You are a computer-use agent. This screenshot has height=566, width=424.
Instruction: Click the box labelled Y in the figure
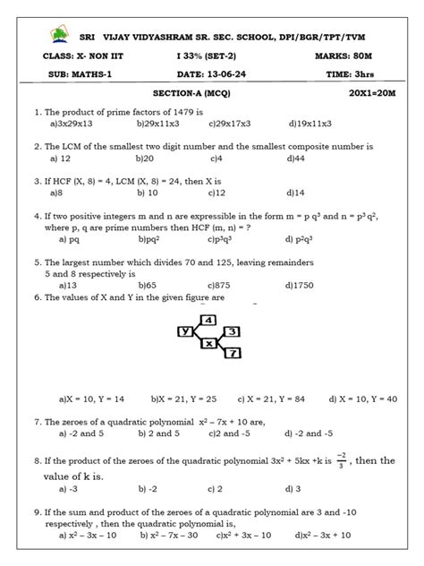tap(187, 331)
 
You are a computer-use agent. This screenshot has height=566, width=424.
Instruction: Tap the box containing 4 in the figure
tap(209, 320)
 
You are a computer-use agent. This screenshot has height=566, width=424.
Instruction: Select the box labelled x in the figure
tap(209, 343)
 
